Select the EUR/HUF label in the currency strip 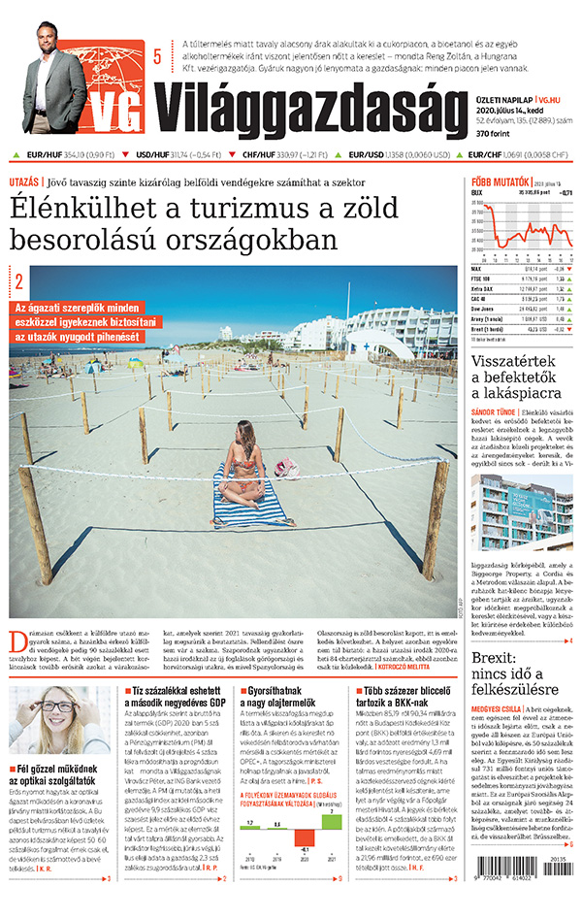[45, 153]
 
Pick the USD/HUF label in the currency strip [152, 153]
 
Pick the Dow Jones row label [484, 309]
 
